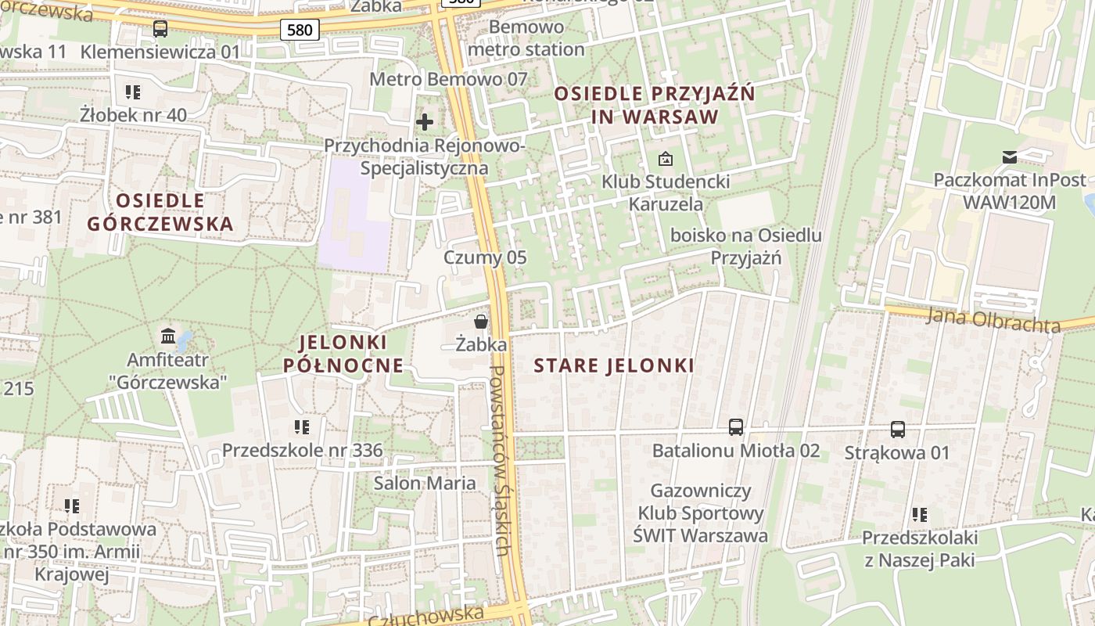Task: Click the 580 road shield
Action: tap(300, 31)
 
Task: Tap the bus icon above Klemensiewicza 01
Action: tap(160, 29)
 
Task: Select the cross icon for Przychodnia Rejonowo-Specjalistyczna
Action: tap(425, 122)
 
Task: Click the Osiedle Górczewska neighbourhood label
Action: tap(160, 212)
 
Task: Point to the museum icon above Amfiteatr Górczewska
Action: tap(168, 336)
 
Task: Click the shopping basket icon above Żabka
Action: tap(481, 322)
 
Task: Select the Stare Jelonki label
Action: tap(614, 365)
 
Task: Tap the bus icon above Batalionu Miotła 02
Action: tap(736, 427)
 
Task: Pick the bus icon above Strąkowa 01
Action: tap(898, 430)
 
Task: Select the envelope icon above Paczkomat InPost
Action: tap(1010, 157)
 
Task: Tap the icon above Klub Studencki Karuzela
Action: tap(665, 159)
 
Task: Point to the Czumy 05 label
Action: tap(485, 257)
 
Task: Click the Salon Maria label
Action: tap(425, 483)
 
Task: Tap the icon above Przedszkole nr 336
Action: tap(302, 427)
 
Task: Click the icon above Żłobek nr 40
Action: tap(133, 92)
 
